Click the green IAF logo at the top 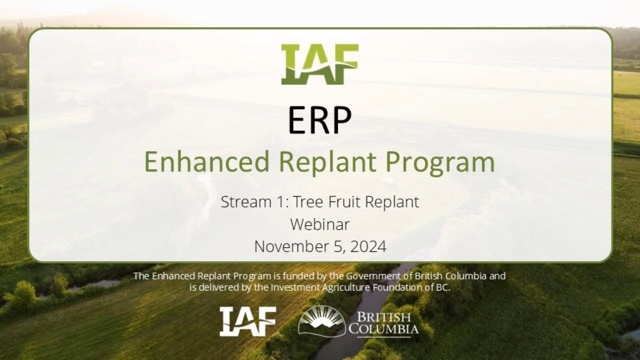(319, 64)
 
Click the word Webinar (320, 224)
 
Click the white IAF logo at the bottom (248, 321)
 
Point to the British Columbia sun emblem (321, 320)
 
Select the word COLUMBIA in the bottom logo (383, 329)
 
